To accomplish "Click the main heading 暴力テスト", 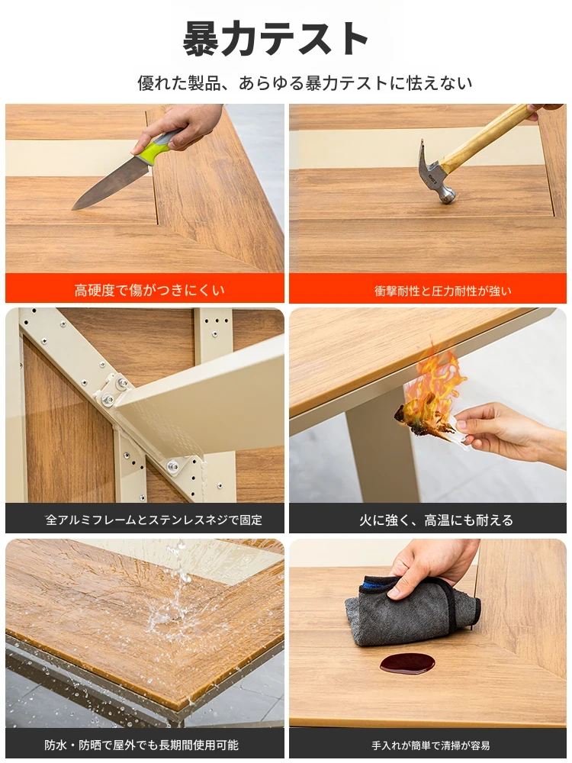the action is tap(276, 39).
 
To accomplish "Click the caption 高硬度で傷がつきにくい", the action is tap(149, 291).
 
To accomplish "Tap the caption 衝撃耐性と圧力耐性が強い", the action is tap(442, 291).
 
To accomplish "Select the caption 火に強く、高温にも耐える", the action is tap(436, 520).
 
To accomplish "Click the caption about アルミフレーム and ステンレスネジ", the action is tap(154, 520).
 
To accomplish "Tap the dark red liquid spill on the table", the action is tap(407, 663).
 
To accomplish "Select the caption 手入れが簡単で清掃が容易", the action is tap(430, 745).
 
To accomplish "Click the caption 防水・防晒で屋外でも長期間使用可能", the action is tap(142, 745).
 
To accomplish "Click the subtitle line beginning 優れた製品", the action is tap(304, 83).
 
